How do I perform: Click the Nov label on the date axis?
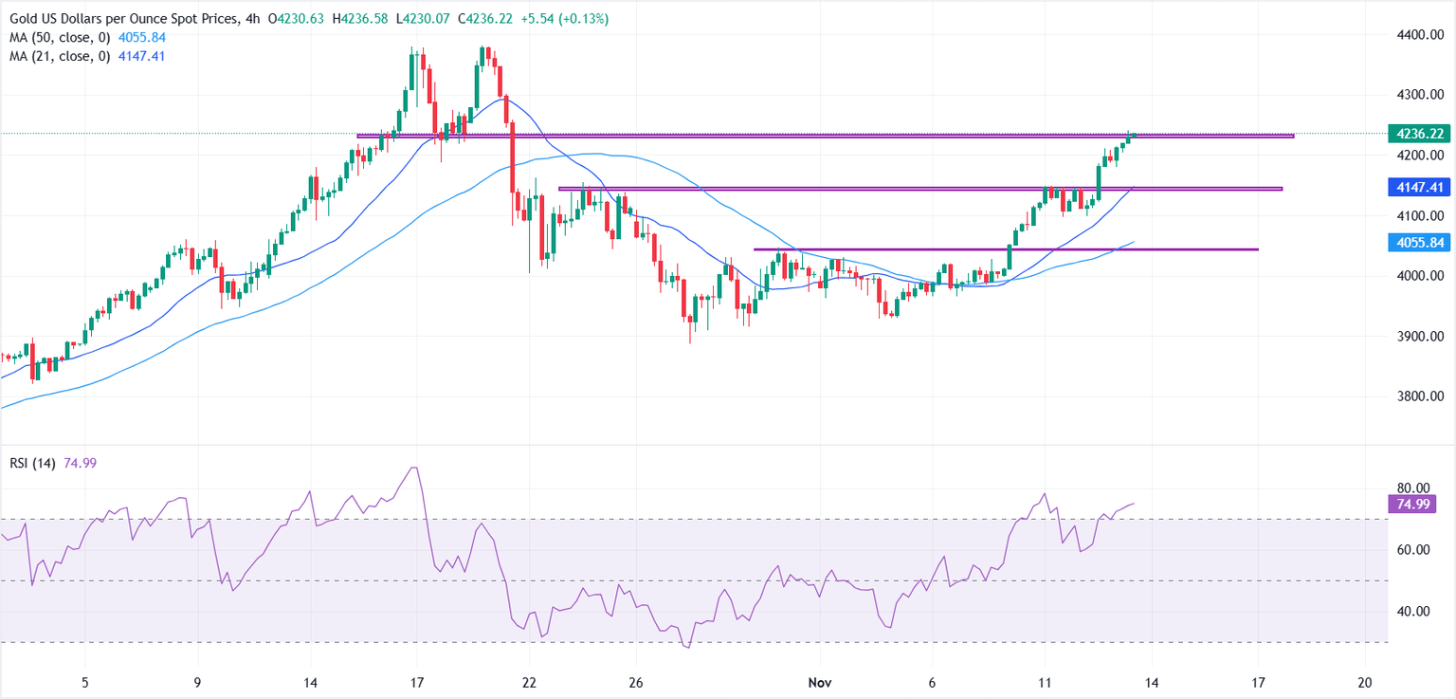coord(821,682)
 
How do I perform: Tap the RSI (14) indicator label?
coord(30,463)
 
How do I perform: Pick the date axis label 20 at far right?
coord(1366,682)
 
